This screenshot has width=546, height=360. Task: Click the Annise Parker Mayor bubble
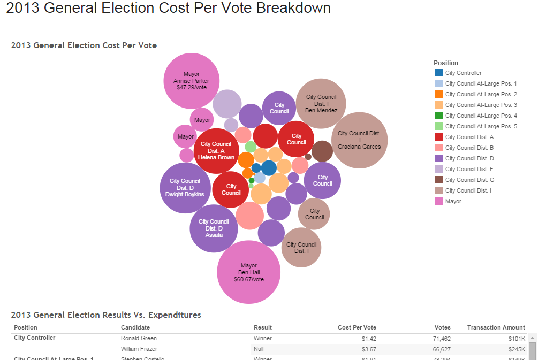191,80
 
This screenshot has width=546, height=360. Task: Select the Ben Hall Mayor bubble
249,272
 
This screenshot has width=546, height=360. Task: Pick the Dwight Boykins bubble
185,188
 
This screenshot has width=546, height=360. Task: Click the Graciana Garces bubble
359,140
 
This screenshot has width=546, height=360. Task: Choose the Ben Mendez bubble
321,104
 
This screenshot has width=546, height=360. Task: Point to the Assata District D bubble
214,228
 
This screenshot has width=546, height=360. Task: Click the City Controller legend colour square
438,73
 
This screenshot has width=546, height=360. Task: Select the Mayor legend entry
453,201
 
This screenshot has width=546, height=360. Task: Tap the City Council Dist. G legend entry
469,180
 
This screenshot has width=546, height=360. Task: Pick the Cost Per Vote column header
357,327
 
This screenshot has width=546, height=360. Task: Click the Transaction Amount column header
496,327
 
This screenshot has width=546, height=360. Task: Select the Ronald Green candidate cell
139,338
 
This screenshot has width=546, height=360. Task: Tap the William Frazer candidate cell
139,349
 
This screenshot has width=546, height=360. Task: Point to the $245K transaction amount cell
517,349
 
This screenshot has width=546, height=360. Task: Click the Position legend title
446,63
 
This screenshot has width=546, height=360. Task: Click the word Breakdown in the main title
294,8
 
